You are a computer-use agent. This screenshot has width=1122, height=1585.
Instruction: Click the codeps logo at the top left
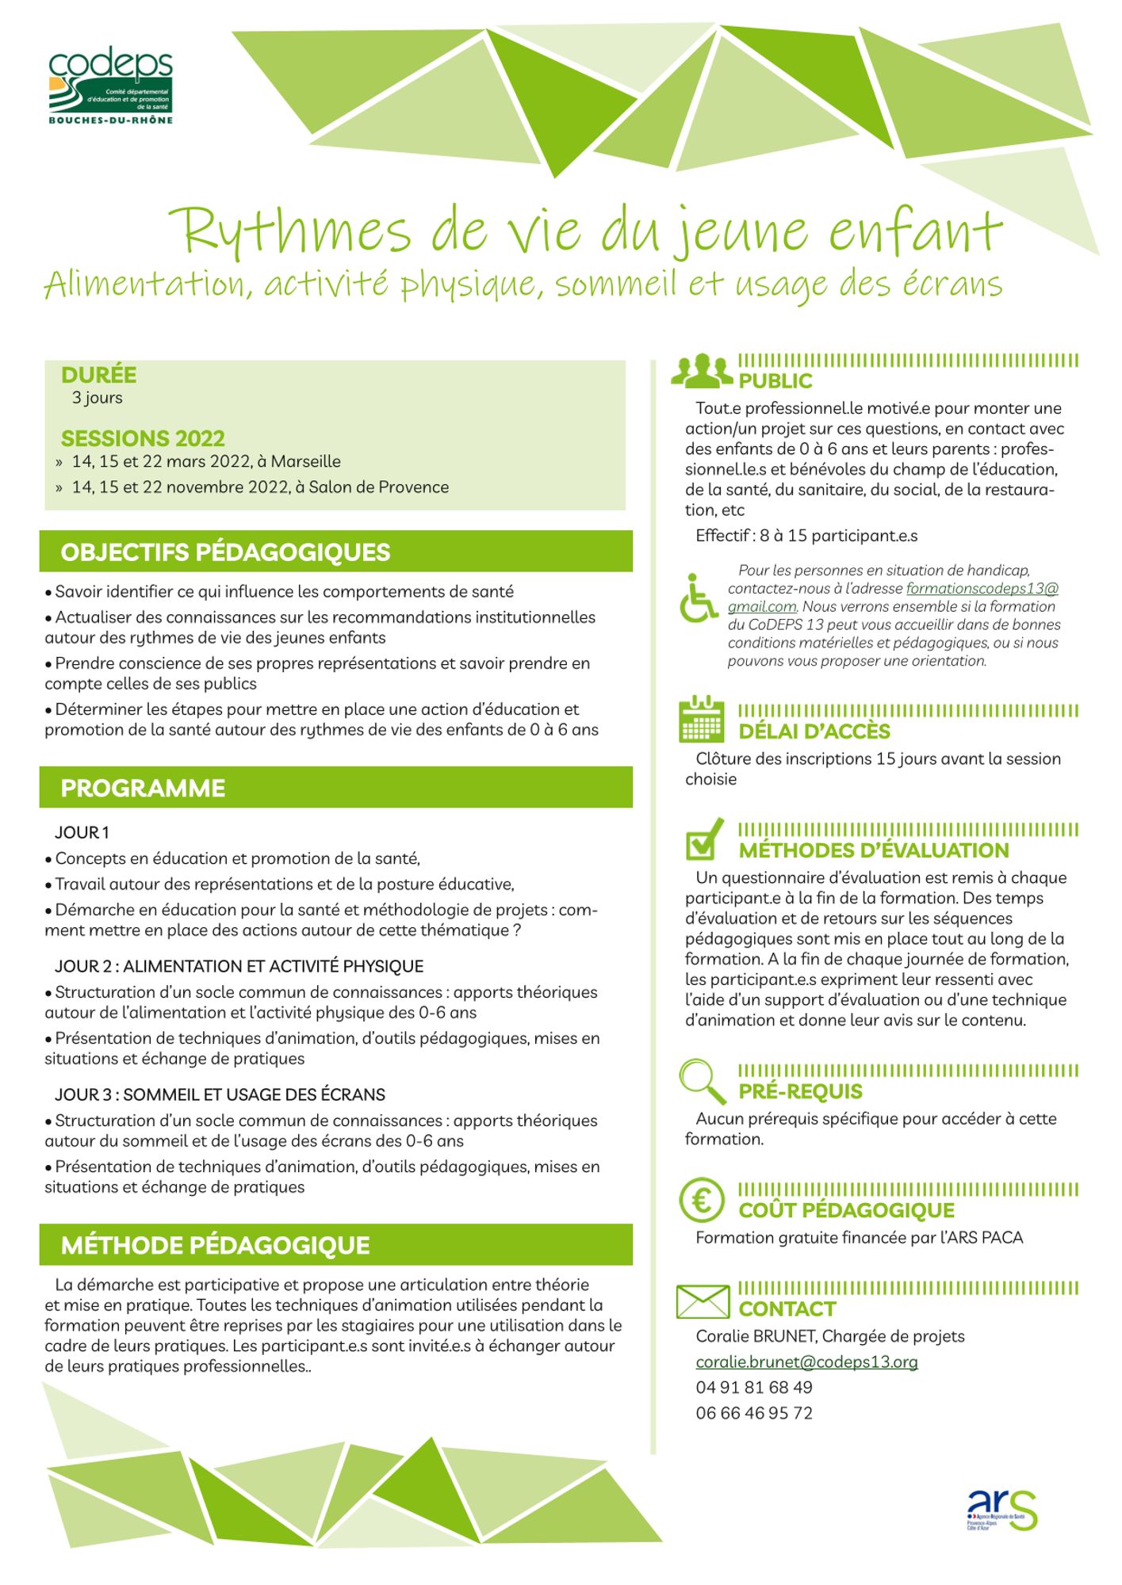point(110,86)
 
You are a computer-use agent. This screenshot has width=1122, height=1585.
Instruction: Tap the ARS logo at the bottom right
point(1001,1509)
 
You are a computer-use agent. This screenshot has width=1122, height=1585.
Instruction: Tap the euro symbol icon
point(702,1201)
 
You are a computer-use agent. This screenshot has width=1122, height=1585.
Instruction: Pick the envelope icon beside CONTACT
point(702,1301)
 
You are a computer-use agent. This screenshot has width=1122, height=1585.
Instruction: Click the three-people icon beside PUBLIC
point(702,371)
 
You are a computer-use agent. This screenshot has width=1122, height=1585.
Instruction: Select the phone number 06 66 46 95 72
point(754,1413)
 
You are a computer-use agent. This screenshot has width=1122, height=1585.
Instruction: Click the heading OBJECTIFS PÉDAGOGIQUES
point(225,552)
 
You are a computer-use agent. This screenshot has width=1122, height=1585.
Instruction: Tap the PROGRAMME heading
point(143,789)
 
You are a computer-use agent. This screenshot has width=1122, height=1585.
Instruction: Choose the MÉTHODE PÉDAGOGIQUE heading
point(215,1245)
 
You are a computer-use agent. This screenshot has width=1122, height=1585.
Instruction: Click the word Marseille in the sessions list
point(305,461)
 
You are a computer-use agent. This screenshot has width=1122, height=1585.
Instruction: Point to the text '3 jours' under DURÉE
point(97,398)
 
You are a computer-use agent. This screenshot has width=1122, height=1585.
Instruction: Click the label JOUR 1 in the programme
point(82,832)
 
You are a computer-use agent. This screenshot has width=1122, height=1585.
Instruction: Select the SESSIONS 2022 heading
point(143,438)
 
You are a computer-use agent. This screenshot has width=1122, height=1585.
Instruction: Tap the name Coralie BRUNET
point(756,1336)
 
